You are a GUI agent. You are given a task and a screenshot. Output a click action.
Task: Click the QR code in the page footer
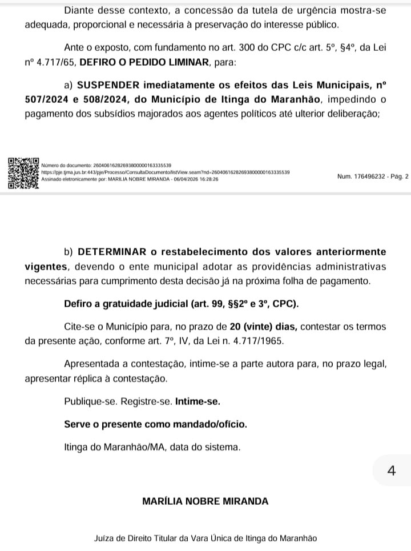23,172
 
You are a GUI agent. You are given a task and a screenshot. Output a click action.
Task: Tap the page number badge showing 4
391,470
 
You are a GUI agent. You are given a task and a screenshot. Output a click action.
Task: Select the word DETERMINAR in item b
110,251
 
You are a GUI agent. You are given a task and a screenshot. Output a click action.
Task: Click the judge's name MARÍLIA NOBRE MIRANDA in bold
205,502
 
